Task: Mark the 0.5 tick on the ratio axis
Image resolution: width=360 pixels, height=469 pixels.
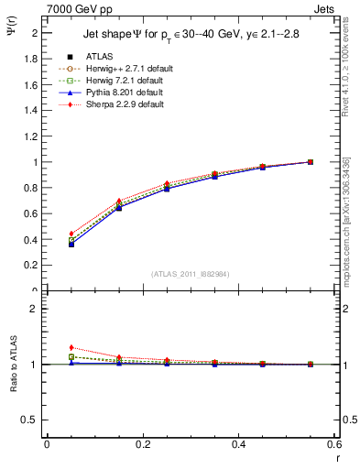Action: (x=31, y=420)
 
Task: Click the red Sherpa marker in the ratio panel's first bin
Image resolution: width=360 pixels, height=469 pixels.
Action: (x=47, y=347)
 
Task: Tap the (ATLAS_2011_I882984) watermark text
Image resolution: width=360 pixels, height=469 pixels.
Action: (x=191, y=274)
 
